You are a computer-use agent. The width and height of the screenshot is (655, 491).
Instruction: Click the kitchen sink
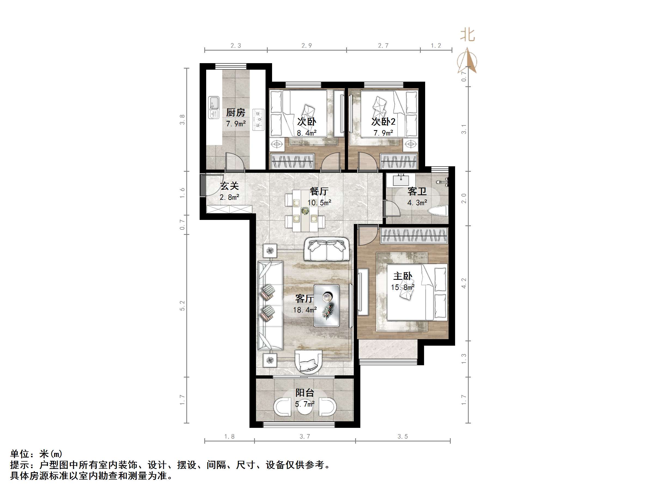[x=214, y=107]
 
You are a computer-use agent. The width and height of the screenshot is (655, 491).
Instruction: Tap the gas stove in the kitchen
[x=258, y=119]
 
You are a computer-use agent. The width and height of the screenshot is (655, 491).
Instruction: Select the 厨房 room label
[x=236, y=112]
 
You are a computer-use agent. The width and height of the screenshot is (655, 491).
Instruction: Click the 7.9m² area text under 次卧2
[x=383, y=133]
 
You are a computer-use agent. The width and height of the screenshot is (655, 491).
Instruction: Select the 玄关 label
[x=230, y=186]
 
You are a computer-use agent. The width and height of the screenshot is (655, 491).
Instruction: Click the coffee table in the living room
[x=327, y=305]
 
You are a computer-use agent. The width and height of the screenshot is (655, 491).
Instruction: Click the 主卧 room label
[x=403, y=276]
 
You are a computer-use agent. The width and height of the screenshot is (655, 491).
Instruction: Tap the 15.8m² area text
[x=403, y=287]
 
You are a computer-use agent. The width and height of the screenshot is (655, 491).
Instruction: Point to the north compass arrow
[x=468, y=61]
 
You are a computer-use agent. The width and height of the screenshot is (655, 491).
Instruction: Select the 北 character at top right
[x=468, y=35]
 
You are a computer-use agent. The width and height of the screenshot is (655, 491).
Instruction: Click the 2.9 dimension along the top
[x=306, y=45]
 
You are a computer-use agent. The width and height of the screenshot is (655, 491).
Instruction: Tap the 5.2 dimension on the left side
[x=182, y=305]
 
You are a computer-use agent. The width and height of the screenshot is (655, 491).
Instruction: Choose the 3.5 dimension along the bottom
[x=403, y=436]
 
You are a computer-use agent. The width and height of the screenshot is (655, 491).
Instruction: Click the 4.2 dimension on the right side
[x=464, y=283]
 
